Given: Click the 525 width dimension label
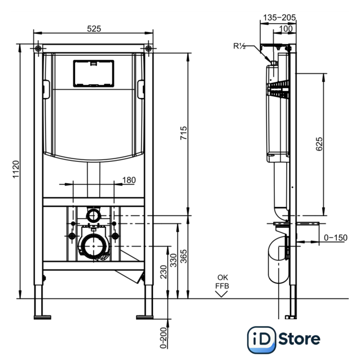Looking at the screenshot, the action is click(94, 29).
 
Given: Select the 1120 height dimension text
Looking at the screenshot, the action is click(16, 169).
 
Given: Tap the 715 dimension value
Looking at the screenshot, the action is click(183, 133).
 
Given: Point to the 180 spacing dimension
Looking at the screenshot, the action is click(129, 180).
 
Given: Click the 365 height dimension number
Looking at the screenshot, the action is click(183, 256).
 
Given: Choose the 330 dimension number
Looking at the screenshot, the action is click(173, 260).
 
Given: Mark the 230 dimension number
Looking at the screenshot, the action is click(163, 272).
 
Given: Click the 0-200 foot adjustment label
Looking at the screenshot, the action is click(163, 338).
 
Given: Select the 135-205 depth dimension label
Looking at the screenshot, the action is click(279, 17).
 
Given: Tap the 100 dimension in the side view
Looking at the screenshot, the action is click(286, 29).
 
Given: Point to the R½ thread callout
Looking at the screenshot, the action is click(239, 46).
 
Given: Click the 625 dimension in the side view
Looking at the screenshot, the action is click(319, 144).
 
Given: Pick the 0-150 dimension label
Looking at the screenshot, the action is click(336, 237).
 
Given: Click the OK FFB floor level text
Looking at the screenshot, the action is click(222, 281).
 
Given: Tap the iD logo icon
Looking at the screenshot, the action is click(261, 340).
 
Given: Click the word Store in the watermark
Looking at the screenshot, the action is click(299, 338).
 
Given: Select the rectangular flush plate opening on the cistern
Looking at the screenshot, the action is click(94, 73).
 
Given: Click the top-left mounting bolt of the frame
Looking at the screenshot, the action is click(38, 49).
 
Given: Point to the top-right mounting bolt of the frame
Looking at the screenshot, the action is click(148, 49).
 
